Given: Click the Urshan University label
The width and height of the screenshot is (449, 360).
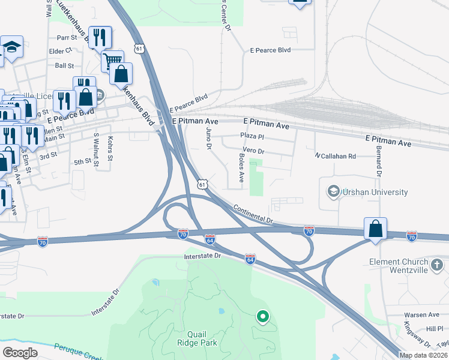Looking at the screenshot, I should (x=375, y=192).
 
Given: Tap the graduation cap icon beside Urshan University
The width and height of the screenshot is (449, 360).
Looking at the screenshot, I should (x=333, y=192).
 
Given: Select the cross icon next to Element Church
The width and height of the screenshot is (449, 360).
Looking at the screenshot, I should (x=437, y=263).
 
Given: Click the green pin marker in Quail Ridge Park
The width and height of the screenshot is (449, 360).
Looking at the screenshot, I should (x=262, y=316).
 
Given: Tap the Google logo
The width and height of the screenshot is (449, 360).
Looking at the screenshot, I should (x=19, y=352).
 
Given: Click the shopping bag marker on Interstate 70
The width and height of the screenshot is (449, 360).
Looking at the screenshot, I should (x=375, y=229).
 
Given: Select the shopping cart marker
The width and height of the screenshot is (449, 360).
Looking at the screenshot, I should (x=112, y=60).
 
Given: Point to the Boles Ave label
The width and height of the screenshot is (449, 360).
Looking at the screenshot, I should (x=241, y=168).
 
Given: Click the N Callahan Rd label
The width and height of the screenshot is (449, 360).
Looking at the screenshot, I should (x=336, y=155).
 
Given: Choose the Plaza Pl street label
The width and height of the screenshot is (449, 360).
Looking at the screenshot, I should (x=252, y=137).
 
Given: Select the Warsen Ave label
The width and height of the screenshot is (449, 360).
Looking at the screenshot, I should (x=421, y=314).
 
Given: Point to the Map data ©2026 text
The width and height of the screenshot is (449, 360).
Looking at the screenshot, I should (x=423, y=355).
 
